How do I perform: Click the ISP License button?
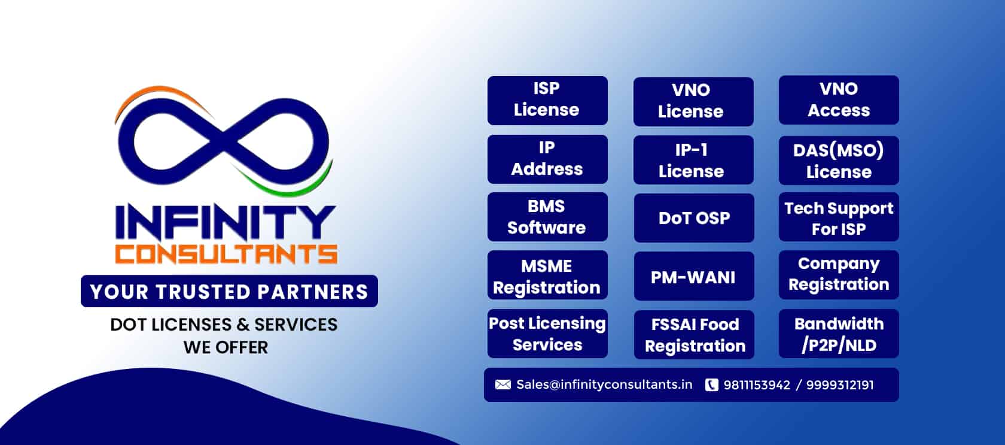[x=547, y=100]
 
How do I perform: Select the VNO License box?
[x=693, y=101]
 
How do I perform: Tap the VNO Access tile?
[x=838, y=100]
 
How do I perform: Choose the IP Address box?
[x=547, y=159]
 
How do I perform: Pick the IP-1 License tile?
[x=693, y=160]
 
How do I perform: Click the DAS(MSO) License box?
[x=838, y=160]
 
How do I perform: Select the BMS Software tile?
[x=547, y=217]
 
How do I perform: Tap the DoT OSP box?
[x=693, y=217]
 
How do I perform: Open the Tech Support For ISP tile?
[x=838, y=217]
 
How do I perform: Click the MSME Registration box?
[x=547, y=276]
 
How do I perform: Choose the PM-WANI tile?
[x=693, y=276]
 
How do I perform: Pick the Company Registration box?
[x=838, y=274]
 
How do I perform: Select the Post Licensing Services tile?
[x=547, y=334]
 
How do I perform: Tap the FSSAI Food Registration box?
[x=694, y=334]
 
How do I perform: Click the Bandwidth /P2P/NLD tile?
[x=838, y=334]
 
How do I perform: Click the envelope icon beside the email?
[x=503, y=385]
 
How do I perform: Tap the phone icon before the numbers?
[x=711, y=385]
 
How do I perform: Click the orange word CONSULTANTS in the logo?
[x=226, y=253]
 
